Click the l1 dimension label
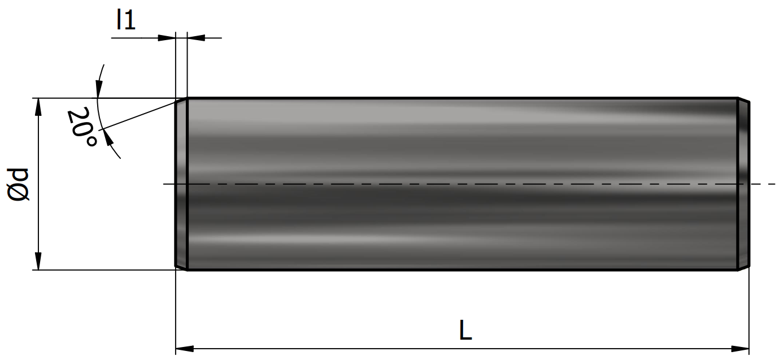[x=126, y=20]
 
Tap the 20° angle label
[x=82, y=127]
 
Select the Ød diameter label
[x=19, y=185]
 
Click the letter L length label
[x=465, y=330]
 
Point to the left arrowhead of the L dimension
[x=185, y=349]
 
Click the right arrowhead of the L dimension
[x=740, y=349]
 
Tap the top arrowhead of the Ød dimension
[x=38, y=107]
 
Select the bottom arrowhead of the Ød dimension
[x=38, y=261]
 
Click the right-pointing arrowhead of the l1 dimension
[x=167, y=38]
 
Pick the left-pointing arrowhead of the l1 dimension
[x=196, y=38]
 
